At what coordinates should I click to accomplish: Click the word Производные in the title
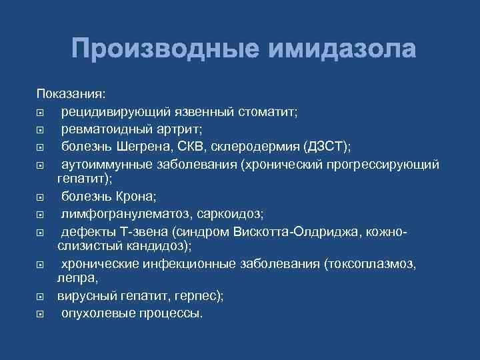[x=158, y=49]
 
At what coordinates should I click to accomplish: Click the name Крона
[x=137, y=196]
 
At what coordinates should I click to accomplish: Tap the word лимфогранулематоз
[x=117, y=213]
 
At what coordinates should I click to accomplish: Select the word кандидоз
[x=163, y=246]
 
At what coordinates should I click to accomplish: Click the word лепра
[x=74, y=280]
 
